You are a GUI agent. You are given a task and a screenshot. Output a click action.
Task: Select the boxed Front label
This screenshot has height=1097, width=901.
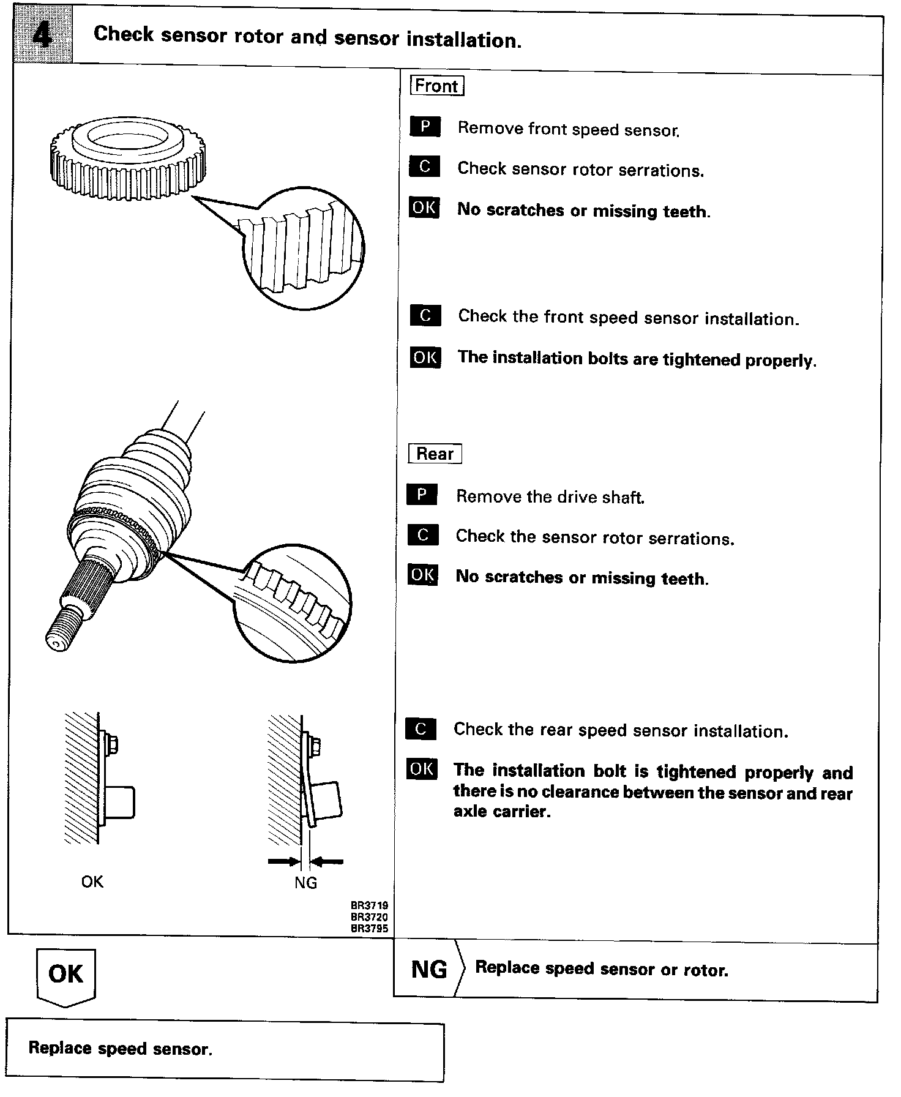pyautogui.click(x=436, y=86)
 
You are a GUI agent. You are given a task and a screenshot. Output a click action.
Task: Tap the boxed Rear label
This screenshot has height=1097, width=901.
pyautogui.click(x=435, y=454)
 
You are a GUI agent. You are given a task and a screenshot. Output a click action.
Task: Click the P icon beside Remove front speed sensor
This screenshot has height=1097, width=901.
pyautogui.click(x=425, y=127)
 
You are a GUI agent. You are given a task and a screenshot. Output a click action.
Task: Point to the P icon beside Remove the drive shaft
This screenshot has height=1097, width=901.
pyautogui.click(x=422, y=494)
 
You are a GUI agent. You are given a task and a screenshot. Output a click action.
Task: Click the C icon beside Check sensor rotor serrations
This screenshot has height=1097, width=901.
pyautogui.click(x=425, y=167)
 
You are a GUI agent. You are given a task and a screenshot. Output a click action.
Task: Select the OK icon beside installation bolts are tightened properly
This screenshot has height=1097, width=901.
pyautogui.click(x=425, y=357)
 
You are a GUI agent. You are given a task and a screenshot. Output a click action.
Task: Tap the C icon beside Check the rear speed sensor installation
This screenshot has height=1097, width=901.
pyautogui.click(x=421, y=728)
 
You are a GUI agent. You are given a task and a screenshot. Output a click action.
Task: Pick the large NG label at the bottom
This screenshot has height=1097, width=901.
pyautogui.click(x=429, y=970)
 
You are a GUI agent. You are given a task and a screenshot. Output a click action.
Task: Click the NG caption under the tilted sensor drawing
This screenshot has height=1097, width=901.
pyautogui.click(x=305, y=882)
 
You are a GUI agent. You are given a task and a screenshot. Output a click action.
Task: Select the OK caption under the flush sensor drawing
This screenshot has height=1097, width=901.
pyautogui.click(x=92, y=882)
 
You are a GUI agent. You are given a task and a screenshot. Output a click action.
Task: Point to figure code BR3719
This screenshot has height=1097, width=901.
pyautogui.click(x=369, y=905)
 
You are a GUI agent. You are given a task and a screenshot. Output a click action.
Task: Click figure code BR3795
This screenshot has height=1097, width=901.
pyautogui.click(x=369, y=928)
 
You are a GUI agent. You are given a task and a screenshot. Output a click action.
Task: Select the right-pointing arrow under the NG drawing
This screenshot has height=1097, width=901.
pyautogui.click(x=283, y=861)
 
